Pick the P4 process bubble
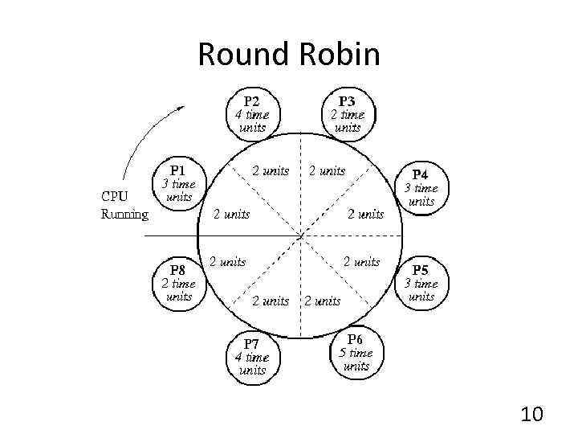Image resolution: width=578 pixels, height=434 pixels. (421, 187)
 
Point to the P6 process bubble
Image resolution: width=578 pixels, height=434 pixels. (355, 353)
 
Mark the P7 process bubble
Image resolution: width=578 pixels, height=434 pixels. (252, 357)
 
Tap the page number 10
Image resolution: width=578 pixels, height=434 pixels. (531, 414)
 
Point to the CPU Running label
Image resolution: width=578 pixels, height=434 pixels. (124, 204)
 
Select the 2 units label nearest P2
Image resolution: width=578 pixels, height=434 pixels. (271, 170)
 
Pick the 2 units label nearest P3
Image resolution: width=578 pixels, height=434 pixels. (327, 170)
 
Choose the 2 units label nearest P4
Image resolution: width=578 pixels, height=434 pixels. (365, 214)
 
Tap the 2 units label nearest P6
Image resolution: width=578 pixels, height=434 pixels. (322, 301)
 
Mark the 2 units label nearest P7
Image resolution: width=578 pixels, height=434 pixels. (271, 301)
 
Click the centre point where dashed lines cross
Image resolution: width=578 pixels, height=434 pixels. (300, 235)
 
